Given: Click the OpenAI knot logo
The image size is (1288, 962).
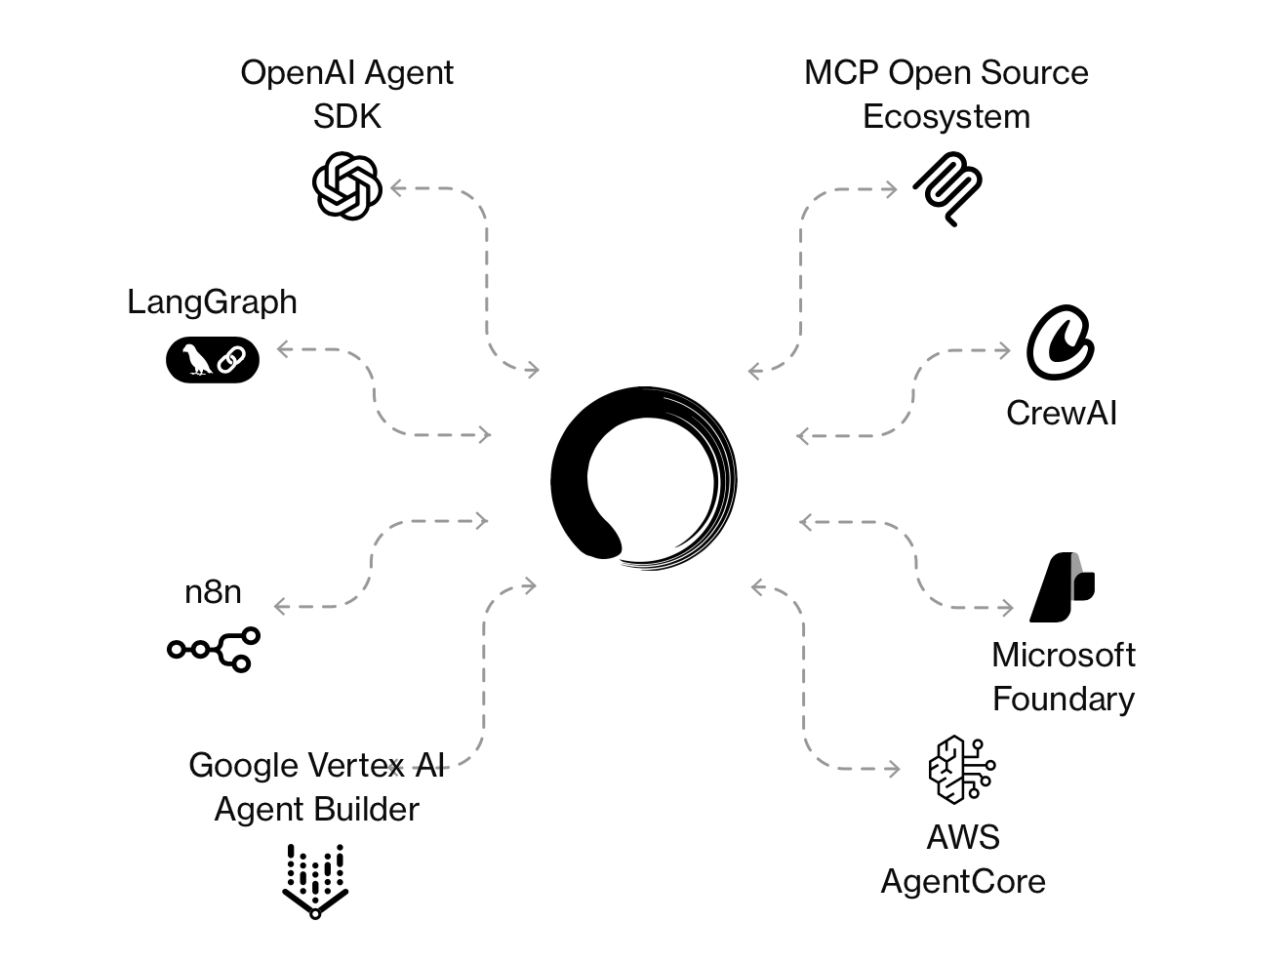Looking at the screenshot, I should [x=346, y=185].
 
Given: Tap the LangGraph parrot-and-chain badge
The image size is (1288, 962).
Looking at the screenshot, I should [x=213, y=359].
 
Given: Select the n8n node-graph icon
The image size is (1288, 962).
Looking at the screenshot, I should [x=214, y=649].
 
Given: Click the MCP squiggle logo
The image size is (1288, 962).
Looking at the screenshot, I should [x=947, y=189].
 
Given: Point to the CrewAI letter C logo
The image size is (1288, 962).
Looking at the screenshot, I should [x=1059, y=342].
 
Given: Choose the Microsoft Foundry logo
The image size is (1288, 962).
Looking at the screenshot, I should [x=1063, y=587].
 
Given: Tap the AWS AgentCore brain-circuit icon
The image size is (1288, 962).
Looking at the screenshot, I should [x=961, y=769].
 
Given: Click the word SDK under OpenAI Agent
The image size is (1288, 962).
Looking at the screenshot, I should [x=346, y=116].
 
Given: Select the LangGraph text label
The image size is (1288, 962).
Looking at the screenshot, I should [x=212, y=301].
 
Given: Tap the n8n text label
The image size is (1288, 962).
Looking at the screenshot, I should [x=213, y=591].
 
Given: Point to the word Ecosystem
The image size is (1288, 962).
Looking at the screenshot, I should [x=946, y=116].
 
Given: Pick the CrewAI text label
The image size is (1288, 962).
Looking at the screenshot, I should [x=1062, y=413].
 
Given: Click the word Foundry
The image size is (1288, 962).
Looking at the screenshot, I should [x=1063, y=699].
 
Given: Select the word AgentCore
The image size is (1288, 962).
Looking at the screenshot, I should [x=963, y=881].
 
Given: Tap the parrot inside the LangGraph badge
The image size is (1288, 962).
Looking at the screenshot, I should [x=196, y=359].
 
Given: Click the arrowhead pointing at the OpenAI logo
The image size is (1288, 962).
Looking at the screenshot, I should [x=396, y=188].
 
